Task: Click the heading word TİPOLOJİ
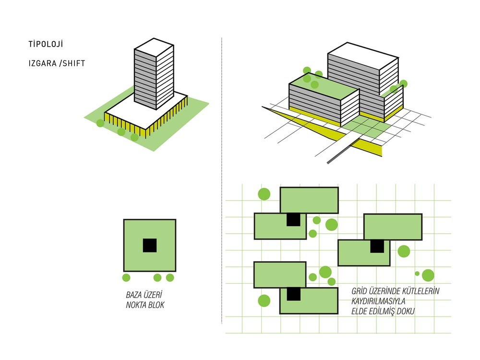point(46,44)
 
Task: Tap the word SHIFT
point(74,63)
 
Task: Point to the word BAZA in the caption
point(134,295)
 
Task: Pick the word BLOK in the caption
point(156,305)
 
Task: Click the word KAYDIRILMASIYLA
point(378,301)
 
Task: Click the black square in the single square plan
point(150,245)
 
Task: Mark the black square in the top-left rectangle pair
point(293,219)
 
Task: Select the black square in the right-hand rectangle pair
point(377,246)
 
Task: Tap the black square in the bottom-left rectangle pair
point(294,294)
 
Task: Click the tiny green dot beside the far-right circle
point(417,274)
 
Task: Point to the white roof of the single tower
point(154,47)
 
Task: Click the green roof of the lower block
point(324,86)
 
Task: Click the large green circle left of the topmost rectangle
point(264,194)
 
